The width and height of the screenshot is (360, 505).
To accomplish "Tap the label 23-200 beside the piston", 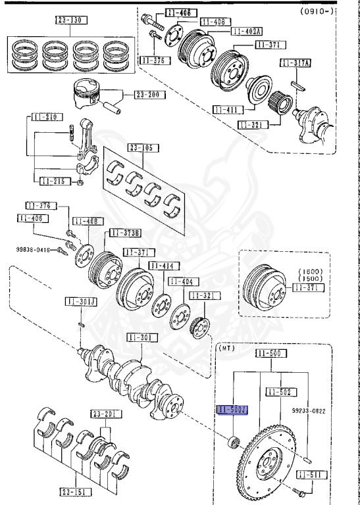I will tap(150, 95).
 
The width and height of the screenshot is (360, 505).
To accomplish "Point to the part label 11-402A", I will tap(245, 31).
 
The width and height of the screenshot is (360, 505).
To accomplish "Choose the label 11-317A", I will tap(295, 63).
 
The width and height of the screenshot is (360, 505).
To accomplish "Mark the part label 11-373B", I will tap(124, 232).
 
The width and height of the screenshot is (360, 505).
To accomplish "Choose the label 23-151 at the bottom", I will tap(75, 491).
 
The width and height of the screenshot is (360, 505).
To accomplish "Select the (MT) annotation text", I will tap(226, 349).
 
